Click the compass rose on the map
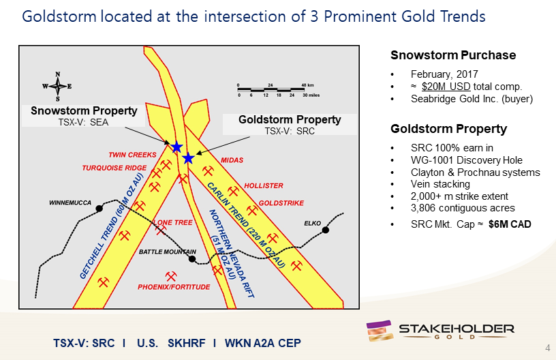pos(57,86)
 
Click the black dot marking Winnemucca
pos(99,209)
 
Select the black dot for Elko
pos(326,230)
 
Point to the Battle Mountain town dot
pos(192,259)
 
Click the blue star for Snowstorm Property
pos(176,147)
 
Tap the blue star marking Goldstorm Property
pos(188,158)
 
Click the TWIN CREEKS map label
pos(132,155)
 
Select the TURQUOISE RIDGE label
pos(114,168)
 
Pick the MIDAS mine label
pos(232,160)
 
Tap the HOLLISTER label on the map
pos(264,185)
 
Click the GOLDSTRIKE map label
pos(281,203)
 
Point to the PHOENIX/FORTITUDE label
pos(174,287)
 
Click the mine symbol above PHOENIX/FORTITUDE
pos(171,276)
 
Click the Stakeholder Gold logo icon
pos(379,331)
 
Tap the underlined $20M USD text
pos(446,87)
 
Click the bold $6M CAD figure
pos(510,224)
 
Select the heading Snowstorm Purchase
pos(453,55)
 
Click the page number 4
pos(548,348)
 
